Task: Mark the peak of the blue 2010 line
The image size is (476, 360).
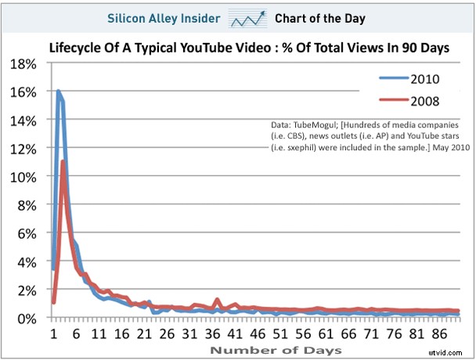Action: [x=58, y=92]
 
